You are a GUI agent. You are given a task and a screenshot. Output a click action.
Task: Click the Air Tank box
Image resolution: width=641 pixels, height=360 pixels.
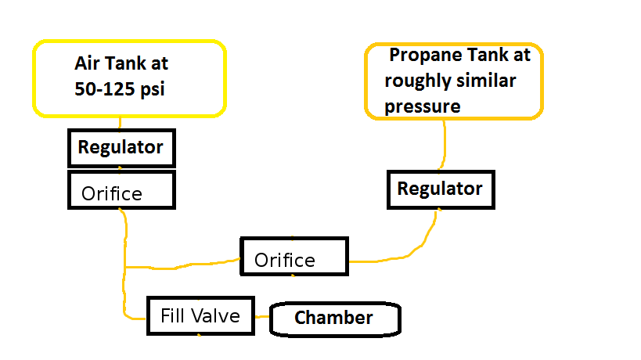click(129, 77)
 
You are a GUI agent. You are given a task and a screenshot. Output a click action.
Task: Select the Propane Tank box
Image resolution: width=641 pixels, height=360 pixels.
click(454, 81)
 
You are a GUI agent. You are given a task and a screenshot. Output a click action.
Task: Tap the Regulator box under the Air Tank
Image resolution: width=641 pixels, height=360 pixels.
click(121, 148)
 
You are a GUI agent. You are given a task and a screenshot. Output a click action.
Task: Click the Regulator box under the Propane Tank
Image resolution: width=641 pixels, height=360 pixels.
click(440, 189)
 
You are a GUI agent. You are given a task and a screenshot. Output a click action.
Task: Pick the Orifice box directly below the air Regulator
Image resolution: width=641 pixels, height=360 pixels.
click(121, 191)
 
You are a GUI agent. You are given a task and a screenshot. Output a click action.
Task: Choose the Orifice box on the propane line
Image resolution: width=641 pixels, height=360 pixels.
click(293, 257)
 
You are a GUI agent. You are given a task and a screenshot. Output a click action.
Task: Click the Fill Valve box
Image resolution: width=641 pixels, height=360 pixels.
click(200, 316)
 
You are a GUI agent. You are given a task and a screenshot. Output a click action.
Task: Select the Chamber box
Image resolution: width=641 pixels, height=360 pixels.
click(334, 319)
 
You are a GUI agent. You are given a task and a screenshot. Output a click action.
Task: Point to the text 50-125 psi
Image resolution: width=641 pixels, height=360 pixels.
click(120, 89)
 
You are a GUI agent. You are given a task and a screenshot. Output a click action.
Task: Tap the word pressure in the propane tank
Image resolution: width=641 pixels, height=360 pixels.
click(423, 106)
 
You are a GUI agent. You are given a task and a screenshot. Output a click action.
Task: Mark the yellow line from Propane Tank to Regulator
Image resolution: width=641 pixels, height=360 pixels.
click(445, 145)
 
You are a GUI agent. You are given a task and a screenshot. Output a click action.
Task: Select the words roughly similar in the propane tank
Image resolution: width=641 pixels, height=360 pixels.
click(449, 81)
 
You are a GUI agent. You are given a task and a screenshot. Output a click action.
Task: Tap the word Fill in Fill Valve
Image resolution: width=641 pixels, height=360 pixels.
click(174, 317)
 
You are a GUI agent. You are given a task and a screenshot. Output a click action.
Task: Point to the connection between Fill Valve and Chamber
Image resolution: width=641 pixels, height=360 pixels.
click(262, 318)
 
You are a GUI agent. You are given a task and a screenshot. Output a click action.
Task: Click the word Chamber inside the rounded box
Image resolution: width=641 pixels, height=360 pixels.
click(333, 319)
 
